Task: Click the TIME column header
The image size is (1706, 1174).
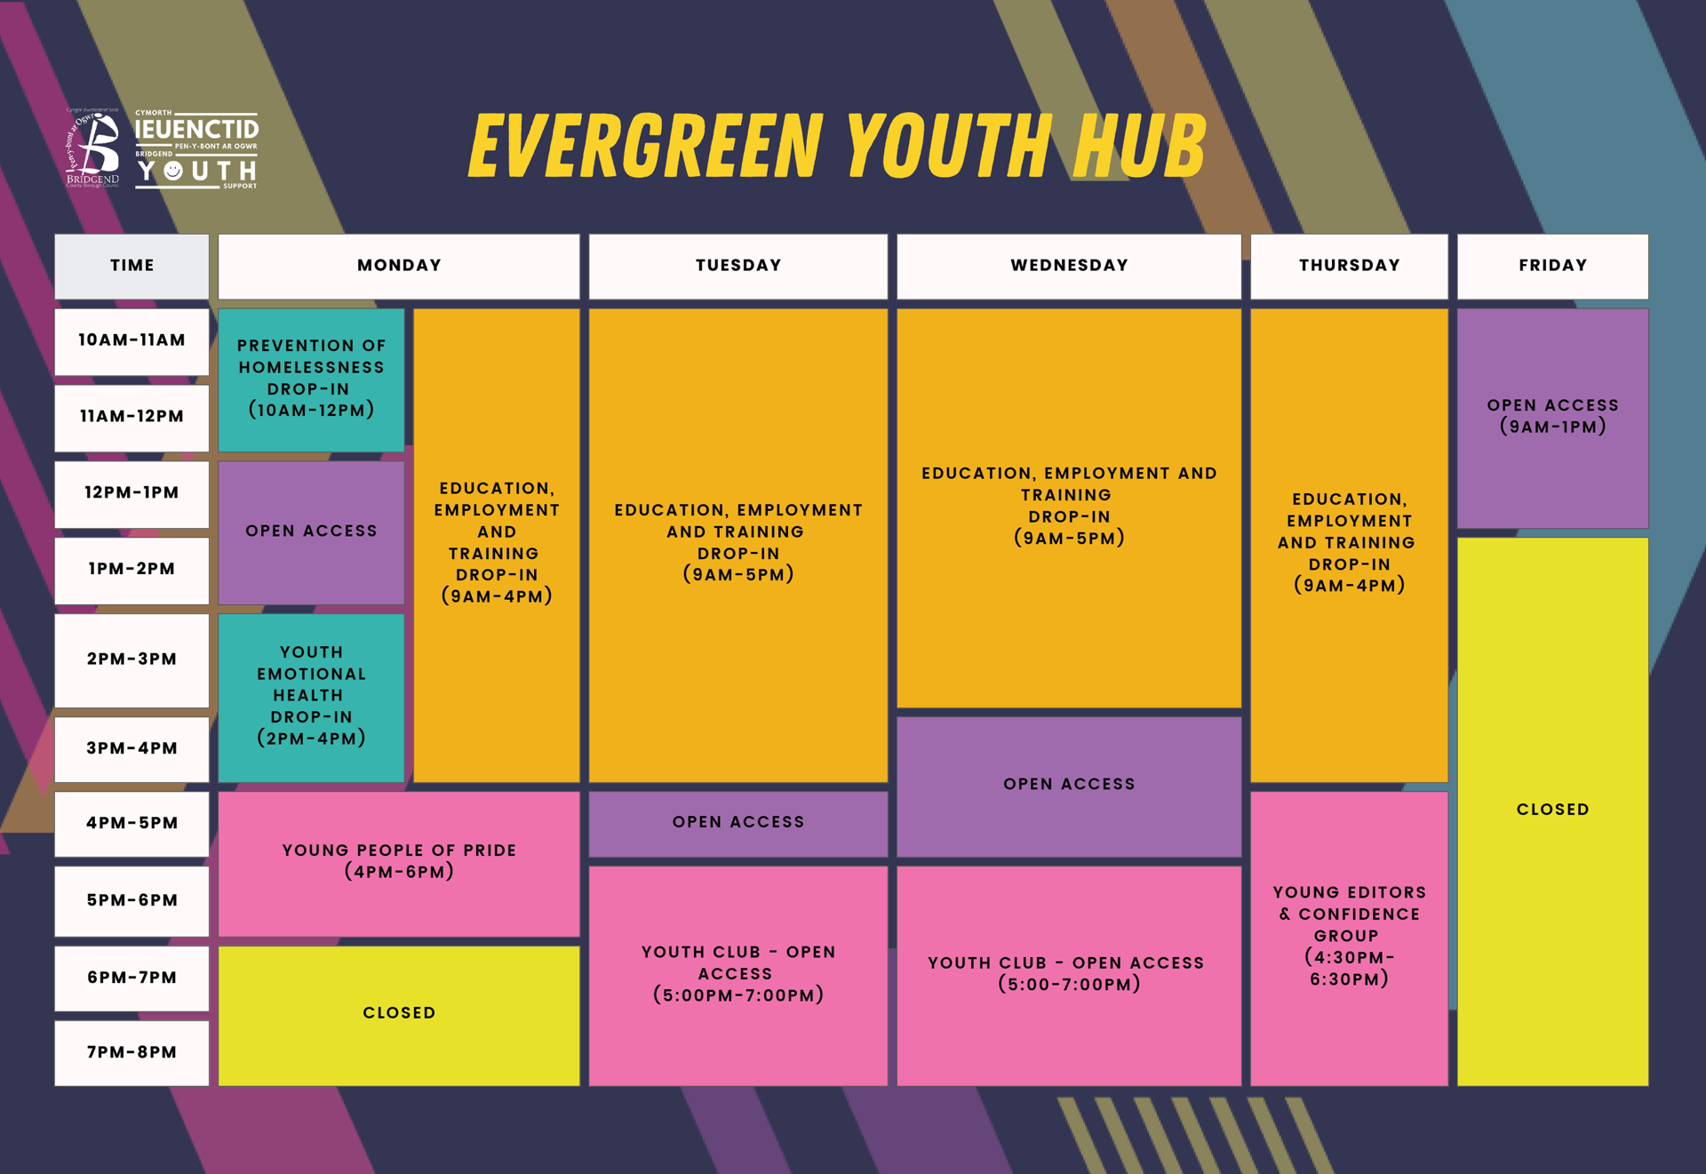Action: click(x=132, y=266)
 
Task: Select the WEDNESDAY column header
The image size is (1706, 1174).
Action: click(x=1068, y=266)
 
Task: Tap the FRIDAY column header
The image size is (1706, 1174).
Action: click(x=1551, y=266)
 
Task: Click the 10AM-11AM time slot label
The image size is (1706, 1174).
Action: click(x=132, y=340)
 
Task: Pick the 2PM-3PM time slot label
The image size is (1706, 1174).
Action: click(x=132, y=659)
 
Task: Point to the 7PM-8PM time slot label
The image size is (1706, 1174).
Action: click(x=132, y=1052)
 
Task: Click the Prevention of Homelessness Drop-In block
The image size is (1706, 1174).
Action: click(x=311, y=379)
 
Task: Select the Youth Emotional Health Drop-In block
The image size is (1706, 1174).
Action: click(x=311, y=696)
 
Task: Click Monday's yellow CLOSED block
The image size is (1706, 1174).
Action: click(x=399, y=1013)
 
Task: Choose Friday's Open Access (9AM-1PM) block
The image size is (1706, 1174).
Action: click(x=1551, y=417)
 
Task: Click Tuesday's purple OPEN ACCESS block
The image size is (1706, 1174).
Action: click(x=737, y=823)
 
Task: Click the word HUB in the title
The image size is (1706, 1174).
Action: click(x=1139, y=146)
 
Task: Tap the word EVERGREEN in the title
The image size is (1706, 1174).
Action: click(x=645, y=146)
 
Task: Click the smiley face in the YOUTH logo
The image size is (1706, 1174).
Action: click(x=173, y=170)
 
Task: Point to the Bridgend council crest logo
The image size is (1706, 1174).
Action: click(x=94, y=148)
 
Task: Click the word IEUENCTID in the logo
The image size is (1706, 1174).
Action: click(x=196, y=130)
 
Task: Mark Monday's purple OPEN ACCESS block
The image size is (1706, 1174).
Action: click(x=311, y=531)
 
